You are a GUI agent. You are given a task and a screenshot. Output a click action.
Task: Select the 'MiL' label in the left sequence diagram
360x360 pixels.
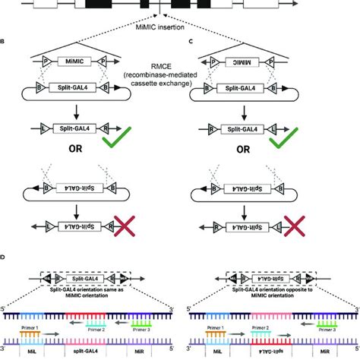tap(33, 352)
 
